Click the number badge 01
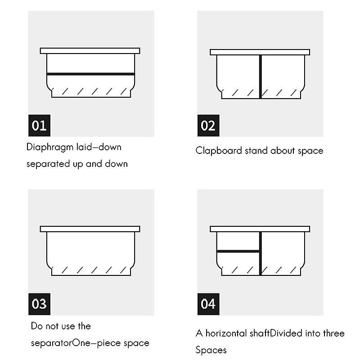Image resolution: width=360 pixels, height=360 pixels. [x=39, y=126]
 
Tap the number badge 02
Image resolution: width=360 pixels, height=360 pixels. [x=208, y=126]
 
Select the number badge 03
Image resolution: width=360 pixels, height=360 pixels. [x=39, y=304]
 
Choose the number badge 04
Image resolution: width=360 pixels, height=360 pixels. [x=208, y=304]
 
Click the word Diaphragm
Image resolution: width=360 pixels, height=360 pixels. [x=49, y=148]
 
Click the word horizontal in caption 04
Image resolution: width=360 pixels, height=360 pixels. [x=226, y=333]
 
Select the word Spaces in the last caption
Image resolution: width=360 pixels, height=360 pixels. [x=211, y=351]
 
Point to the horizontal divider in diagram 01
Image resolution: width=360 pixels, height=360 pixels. [x=91, y=74]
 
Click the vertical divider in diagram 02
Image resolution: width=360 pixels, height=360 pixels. [x=261, y=76]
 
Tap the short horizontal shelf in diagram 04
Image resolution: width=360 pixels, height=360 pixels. [x=238, y=252]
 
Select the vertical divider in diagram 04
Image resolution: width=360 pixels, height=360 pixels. [x=261, y=253]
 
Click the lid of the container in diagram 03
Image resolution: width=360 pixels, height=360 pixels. [x=90, y=229]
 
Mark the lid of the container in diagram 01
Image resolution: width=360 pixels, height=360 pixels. [x=90, y=51]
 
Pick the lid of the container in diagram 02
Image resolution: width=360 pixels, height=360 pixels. [x=260, y=52]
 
